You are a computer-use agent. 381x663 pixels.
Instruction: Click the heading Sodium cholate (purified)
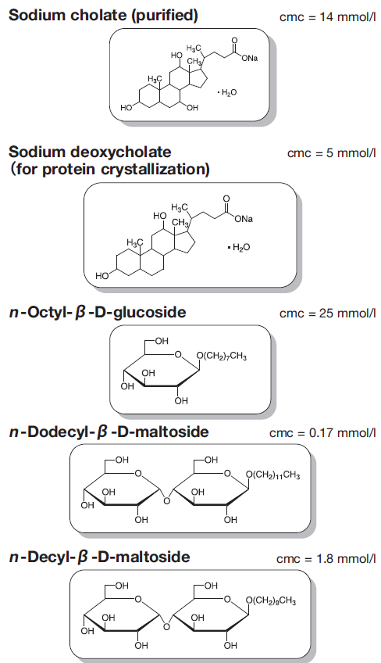click(x=104, y=16)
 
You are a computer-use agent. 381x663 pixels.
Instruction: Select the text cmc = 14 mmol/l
click(x=327, y=17)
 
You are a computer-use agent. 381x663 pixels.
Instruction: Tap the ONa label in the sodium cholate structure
click(x=250, y=59)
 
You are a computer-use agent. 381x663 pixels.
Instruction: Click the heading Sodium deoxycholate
click(x=90, y=152)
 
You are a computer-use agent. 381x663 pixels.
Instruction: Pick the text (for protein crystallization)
click(x=109, y=169)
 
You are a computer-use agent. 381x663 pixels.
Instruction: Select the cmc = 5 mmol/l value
click(x=332, y=152)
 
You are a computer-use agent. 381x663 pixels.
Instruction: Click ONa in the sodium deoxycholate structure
click(x=244, y=219)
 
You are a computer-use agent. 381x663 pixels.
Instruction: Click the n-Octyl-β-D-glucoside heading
click(x=98, y=313)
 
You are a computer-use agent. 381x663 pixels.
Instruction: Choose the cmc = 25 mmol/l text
click(x=327, y=314)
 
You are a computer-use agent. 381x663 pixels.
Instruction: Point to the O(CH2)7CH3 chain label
click(x=222, y=357)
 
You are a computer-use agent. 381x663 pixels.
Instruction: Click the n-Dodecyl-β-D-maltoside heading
click(x=109, y=432)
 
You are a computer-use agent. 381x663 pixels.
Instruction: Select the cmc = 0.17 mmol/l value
click(x=322, y=433)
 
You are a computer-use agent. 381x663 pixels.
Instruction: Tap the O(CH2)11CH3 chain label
click(x=273, y=475)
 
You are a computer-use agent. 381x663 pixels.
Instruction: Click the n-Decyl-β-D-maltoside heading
click(x=99, y=557)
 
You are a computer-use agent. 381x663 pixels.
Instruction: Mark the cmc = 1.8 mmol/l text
click(x=326, y=558)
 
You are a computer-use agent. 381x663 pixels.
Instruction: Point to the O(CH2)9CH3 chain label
click(x=271, y=600)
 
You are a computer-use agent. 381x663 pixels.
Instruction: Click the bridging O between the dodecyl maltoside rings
click(x=167, y=501)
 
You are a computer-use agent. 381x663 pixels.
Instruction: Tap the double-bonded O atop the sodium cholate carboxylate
click(x=234, y=41)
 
